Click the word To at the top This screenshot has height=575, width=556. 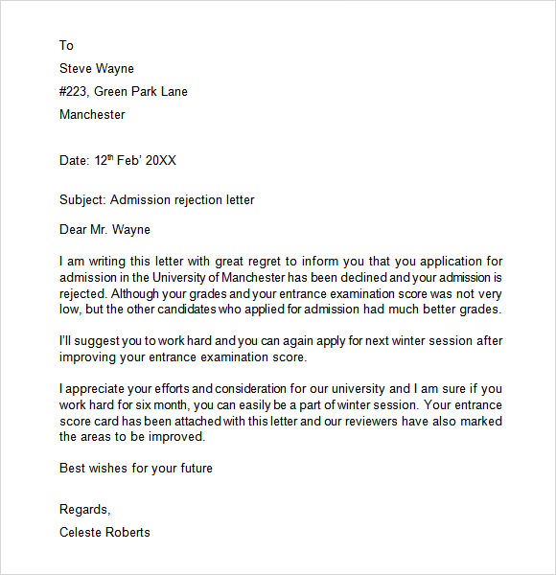pos(66,45)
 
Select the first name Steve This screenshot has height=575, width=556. pos(77,68)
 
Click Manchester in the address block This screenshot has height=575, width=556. pos(92,114)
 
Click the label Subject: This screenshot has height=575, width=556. pos(82,200)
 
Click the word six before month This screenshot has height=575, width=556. pos(144,404)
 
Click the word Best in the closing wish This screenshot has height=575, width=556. pos(73,468)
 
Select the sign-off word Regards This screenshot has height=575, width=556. pos(84,509)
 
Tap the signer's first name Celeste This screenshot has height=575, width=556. pos(83,532)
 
